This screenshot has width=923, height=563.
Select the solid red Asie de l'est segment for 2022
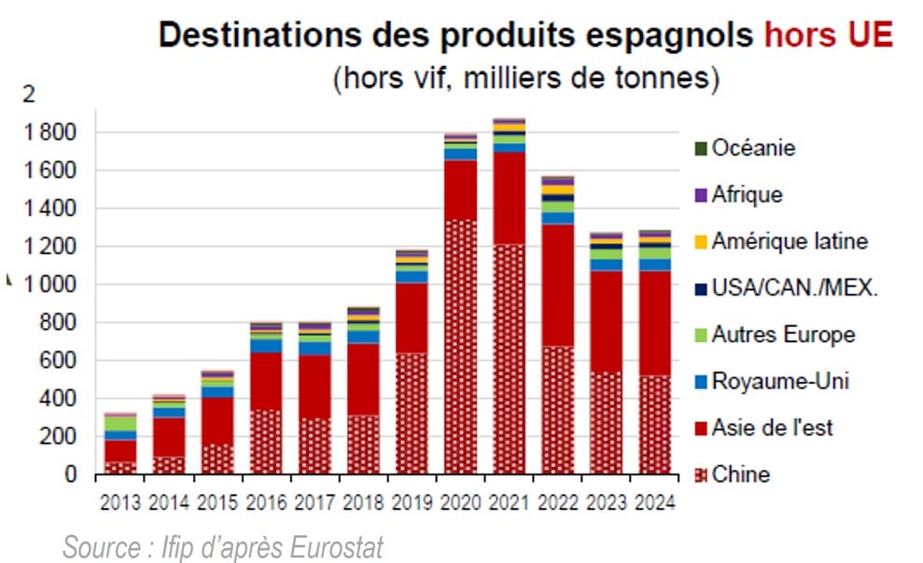click(557, 284)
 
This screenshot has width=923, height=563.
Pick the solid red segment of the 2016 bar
click(267, 380)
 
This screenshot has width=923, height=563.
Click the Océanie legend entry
click(753, 147)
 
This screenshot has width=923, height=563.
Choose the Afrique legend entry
click(747, 195)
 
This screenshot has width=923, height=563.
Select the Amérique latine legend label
click(789, 241)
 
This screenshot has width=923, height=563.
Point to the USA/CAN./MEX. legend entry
click(794, 288)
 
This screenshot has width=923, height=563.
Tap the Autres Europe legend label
click(782, 335)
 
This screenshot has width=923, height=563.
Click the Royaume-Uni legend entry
click(780, 381)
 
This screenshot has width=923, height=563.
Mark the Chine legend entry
click(741, 474)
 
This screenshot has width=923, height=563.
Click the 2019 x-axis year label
click(412, 502)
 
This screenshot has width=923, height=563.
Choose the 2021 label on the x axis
click(509, 502)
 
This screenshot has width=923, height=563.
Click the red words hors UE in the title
click(828, 35)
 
